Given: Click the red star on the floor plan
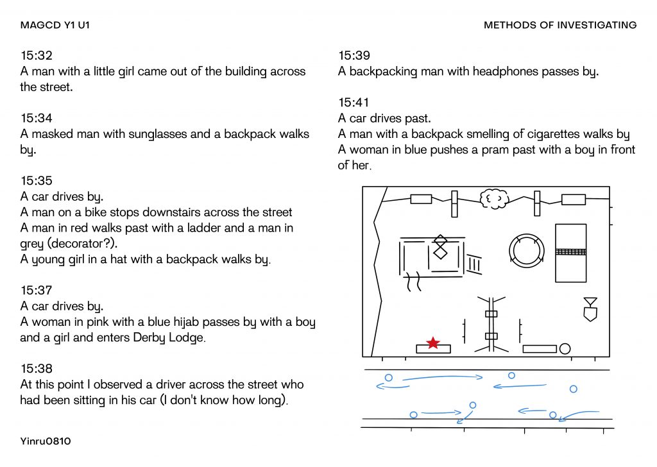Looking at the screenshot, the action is [433, 343].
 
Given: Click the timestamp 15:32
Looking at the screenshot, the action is [37, 55].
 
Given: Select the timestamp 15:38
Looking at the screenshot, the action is [37, 369].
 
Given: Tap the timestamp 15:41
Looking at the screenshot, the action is [354, 102].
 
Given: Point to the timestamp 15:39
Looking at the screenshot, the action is [354, 55].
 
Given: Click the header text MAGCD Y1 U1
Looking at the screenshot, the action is [55, 25].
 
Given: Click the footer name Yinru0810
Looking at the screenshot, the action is [46, 441].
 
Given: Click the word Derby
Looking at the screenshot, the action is [149, 338].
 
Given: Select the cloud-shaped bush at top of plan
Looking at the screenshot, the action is [495, 199].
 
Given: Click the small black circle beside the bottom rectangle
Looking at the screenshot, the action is [565, 349].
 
